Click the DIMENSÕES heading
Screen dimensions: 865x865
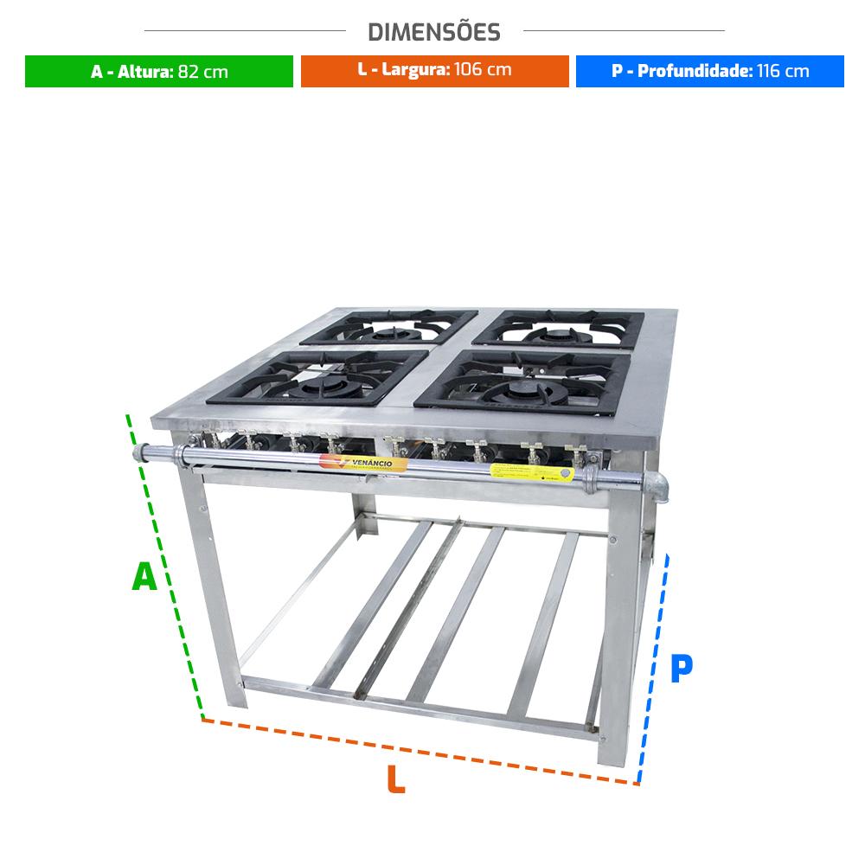[434, 32]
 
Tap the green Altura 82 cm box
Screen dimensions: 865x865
[159, 71]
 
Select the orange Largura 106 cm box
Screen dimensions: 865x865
[434, 71]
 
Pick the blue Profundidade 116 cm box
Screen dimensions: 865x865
[709, 71]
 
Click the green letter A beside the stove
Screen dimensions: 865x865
[144, 577]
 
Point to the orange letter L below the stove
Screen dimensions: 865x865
[395, 779]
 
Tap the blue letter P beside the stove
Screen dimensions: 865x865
[682, 669]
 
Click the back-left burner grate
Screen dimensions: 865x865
[389, 329]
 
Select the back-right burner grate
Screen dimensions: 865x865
[561, 330]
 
